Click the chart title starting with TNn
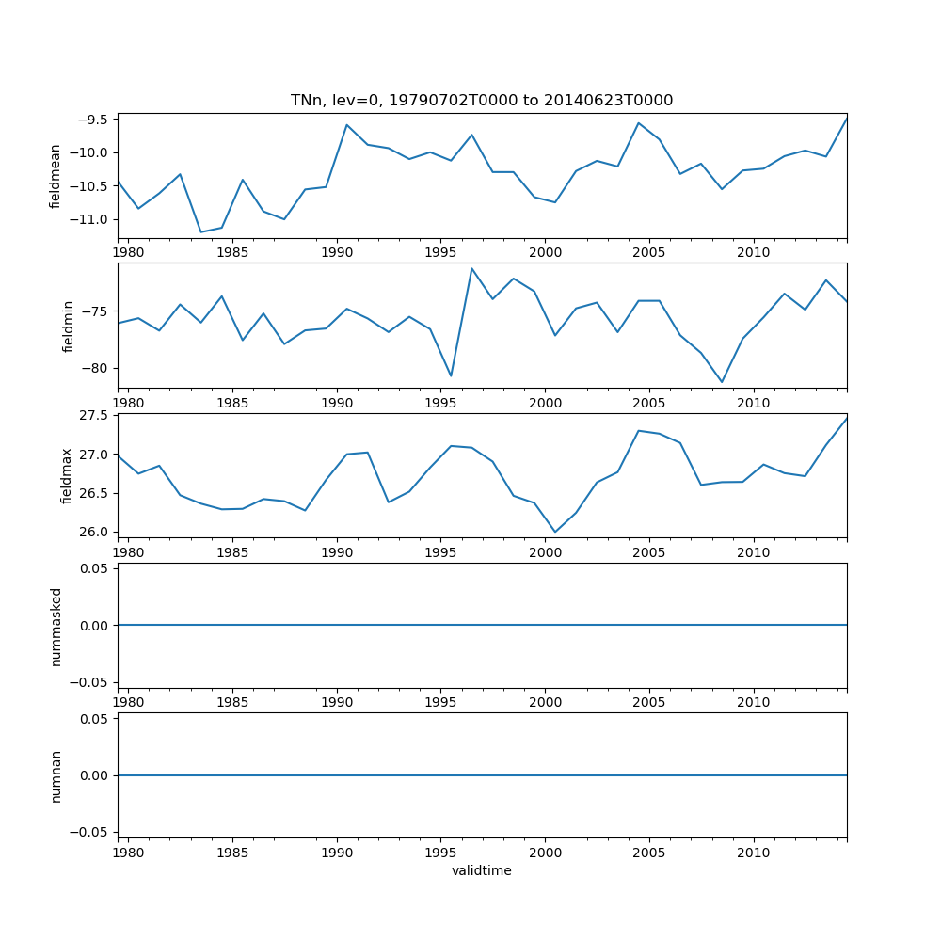pos(482,101)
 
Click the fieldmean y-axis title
pos(56,176)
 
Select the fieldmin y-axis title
pos(68,326)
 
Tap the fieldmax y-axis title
pos(66,475)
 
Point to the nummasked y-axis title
pos(56,626)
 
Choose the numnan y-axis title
pos(56,775)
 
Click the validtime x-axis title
pos(482,871)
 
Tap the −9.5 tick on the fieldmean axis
pos(92,120)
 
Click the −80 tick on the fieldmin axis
pos(97,369)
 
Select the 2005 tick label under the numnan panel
pos(649,853)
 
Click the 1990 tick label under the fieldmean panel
pos(337,253)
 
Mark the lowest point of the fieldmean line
pos(201,232)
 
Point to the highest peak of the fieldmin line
pos(471,268)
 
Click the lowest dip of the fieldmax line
pos(555,533)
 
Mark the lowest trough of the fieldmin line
pos(722,382)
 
